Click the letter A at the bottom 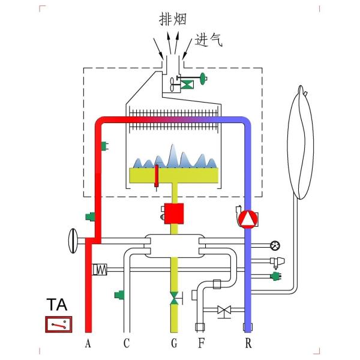point(88,344)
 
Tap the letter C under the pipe point(126,344)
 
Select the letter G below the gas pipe point(174,344)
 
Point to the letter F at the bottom point(201,344)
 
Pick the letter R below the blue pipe point(248,344)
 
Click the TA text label point(58,305)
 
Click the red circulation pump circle point(247,218)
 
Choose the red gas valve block point(174,214)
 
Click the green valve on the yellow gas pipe point(174,298)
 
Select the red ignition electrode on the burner point(156,175)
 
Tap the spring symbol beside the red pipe point(99,269)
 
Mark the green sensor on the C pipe point(120,295)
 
